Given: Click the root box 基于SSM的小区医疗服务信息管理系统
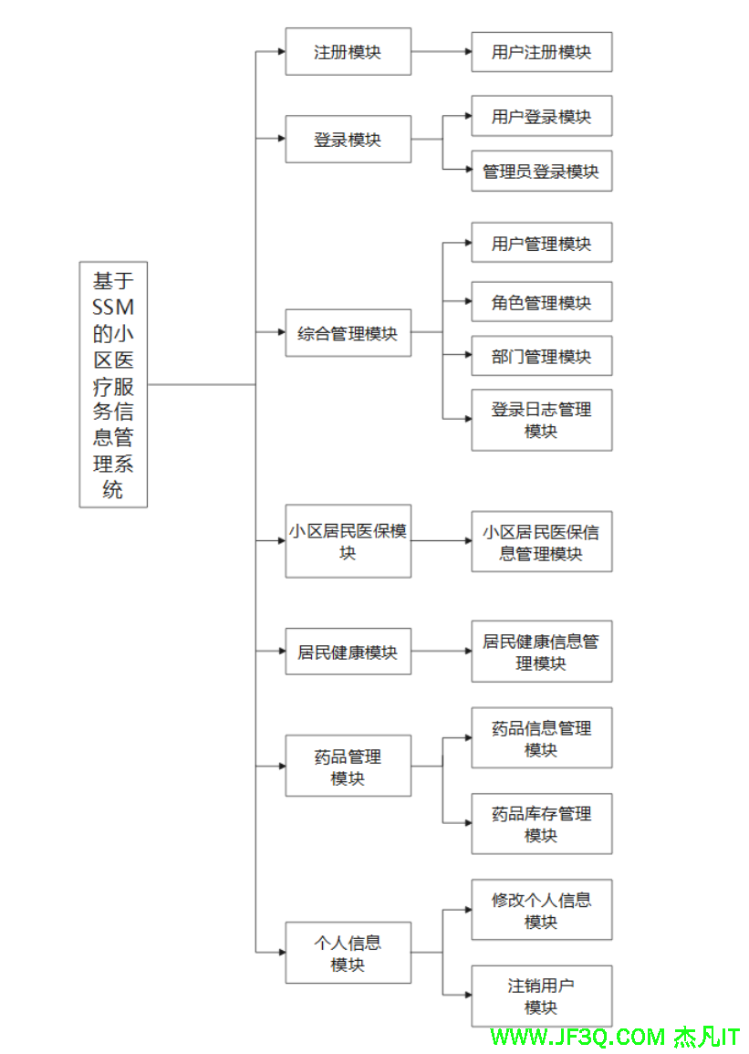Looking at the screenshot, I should coord(113,384).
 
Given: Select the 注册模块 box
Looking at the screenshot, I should coord(348,52).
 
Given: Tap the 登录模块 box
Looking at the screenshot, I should coord(348,140).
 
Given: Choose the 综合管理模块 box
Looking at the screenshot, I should coord(348,333).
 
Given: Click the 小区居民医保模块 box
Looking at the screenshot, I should coord(348,541).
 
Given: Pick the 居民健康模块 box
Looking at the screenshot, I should coord(348,652).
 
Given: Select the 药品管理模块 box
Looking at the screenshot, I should coord(348,767).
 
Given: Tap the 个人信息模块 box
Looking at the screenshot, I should coord(348,953).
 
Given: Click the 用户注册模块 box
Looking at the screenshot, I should coord(541,52).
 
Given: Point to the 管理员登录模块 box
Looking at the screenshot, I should coord(541,171).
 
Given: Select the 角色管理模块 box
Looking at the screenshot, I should coord(541,302).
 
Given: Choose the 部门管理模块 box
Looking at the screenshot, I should coord(541,356).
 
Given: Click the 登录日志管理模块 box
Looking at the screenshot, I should coord(541,420).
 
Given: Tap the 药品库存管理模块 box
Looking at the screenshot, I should coord(541,823).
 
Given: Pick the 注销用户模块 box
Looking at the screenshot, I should coord(541,996).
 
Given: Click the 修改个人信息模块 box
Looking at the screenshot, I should coord(541,910).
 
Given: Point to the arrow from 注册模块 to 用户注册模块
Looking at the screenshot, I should coord(441,52).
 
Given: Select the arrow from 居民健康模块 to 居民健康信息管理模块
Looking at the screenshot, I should coord(441,652).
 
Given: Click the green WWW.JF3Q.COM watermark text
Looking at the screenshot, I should coord(578,1038).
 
